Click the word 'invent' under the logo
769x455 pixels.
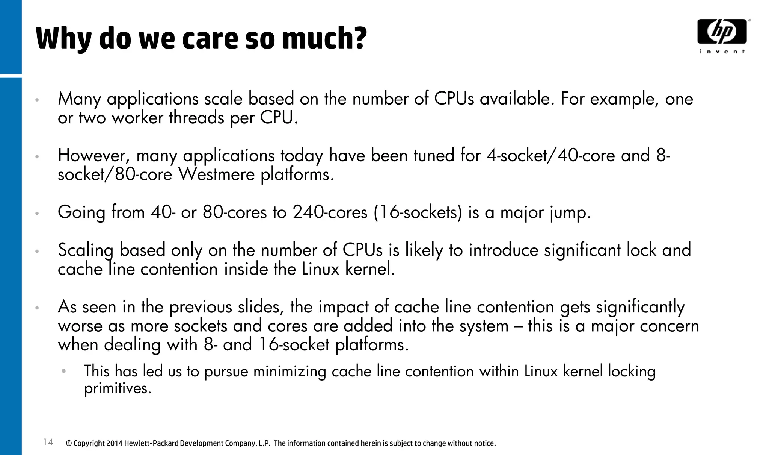[722, 52]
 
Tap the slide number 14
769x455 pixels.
[48, 442]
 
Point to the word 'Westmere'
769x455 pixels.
[216, 174]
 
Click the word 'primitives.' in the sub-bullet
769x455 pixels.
[118, 388]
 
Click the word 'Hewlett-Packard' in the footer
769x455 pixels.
[151, 443]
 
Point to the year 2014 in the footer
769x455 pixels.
[114, 443]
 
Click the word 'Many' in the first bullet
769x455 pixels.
[79, 99]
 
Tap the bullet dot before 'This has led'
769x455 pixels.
[64, 371]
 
